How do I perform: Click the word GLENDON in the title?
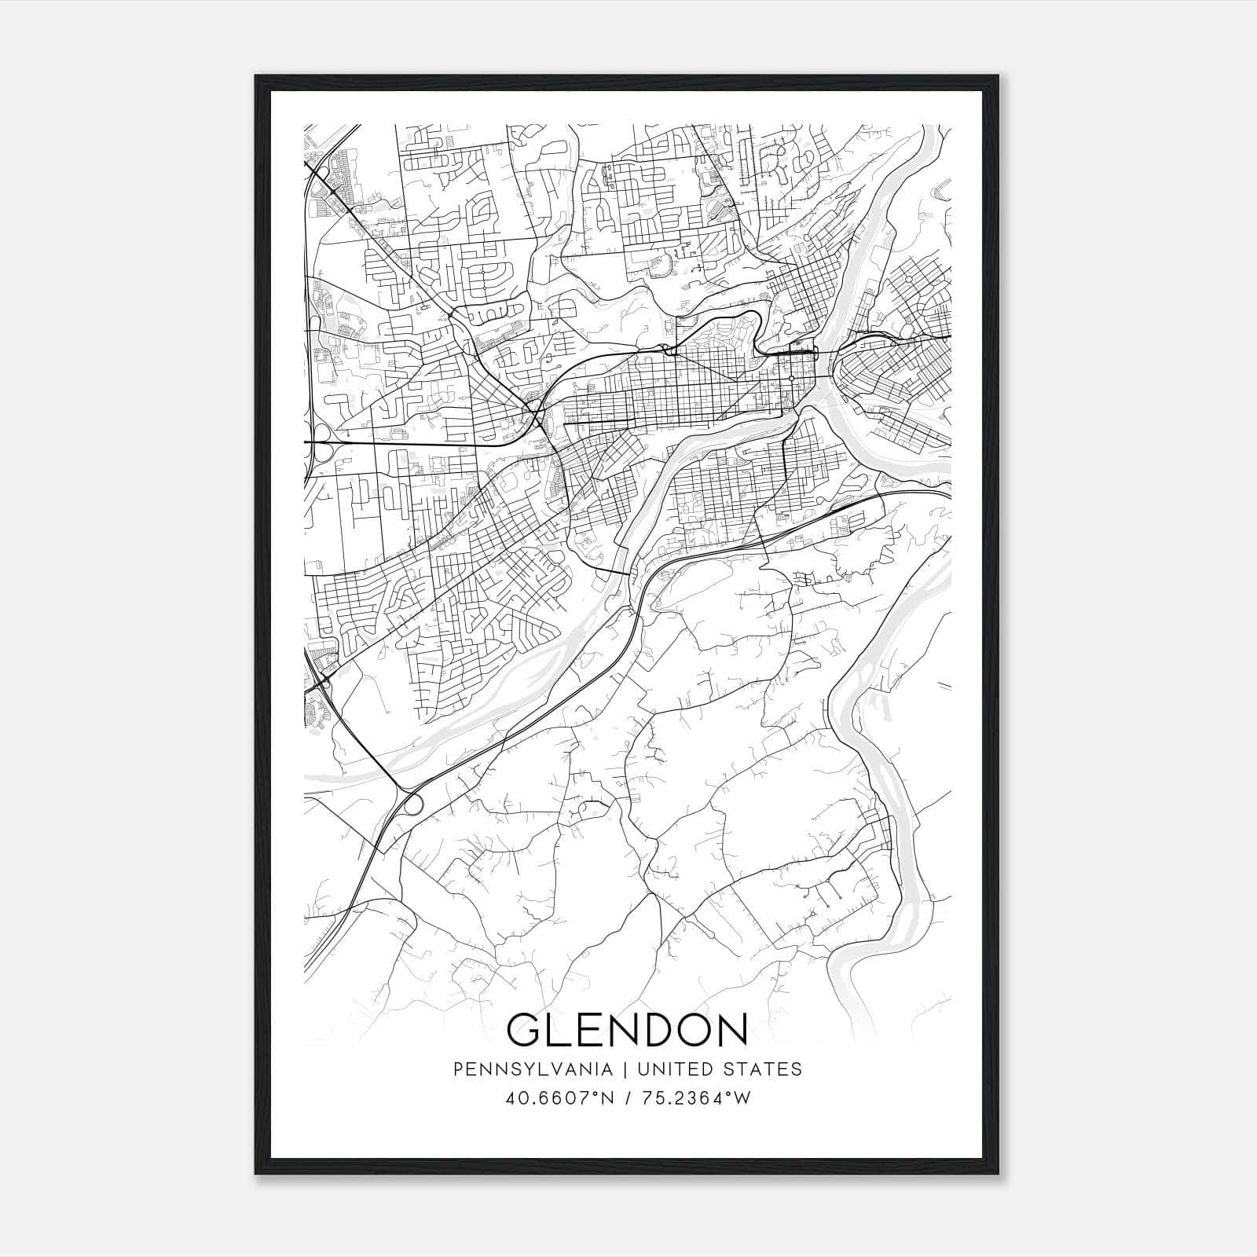click(x=627, y=1029)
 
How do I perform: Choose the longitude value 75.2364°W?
click(x=696, y=1098)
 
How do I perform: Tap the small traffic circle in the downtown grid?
click(x=791, y=379)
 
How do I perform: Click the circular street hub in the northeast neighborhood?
click(x=909, y=279)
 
